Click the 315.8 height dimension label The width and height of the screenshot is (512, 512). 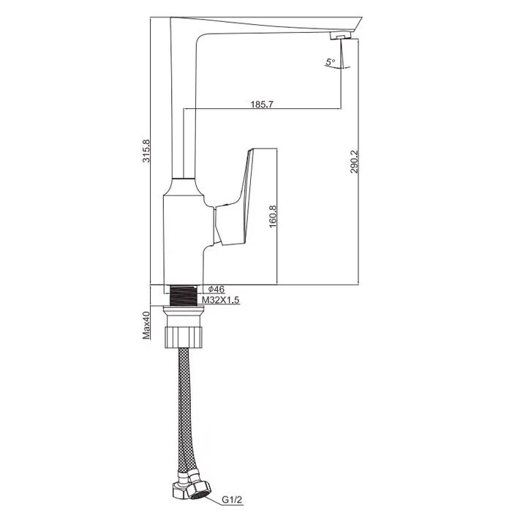point(146,151)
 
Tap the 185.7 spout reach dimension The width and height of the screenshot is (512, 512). point(262,105)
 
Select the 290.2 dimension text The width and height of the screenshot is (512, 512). point(354,162)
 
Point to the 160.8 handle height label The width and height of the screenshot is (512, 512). point(273,217)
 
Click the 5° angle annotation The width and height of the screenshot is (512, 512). point(330,61)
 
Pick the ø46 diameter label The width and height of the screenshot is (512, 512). point(217,289)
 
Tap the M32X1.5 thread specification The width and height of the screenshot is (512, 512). point(220,299)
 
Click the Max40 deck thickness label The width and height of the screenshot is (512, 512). point(146,325)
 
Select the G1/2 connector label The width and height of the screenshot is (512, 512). point(233,500)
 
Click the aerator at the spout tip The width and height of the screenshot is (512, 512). point(340,35)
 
